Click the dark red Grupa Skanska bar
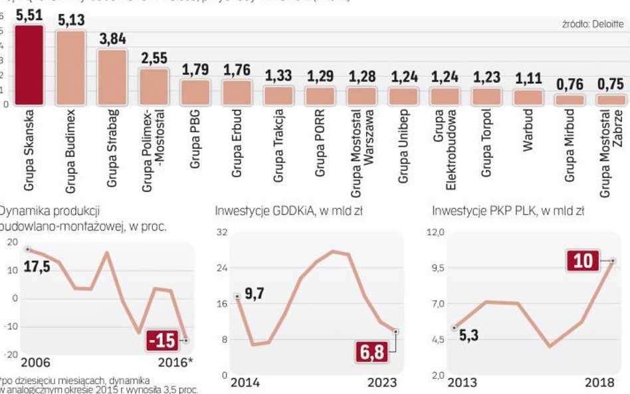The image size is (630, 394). click(29, 65)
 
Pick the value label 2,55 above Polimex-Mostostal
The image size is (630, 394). click(154, 57)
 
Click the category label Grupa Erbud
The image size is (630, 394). click(237, 143)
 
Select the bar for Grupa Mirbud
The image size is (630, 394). click(570, 100)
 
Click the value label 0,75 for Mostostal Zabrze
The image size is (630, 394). click(610, 84)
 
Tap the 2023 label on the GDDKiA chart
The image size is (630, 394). click(381, 382)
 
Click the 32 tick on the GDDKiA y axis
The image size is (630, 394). click(222, 233)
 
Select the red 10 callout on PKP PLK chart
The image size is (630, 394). click(583, 260)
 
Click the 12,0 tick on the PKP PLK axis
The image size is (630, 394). click(435, 233)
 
